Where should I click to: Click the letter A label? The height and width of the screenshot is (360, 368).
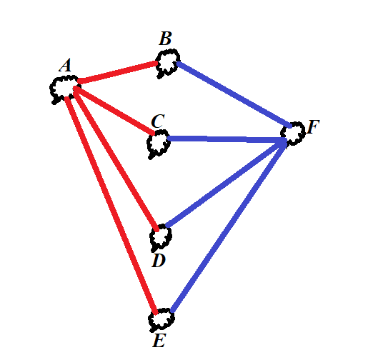[x=65, y=65]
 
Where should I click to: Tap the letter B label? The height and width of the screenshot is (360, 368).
[x=165, y=39]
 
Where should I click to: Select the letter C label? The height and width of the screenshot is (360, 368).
[x=158, y=121]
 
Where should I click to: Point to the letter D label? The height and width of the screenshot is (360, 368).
[x=159, y=261]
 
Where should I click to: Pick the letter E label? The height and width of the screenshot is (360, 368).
[x=159, y=341]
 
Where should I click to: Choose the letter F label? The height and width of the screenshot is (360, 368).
[x=314, y=127]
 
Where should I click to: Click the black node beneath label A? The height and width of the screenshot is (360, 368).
[x=64, y=89]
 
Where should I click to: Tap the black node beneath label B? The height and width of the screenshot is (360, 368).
[x=167, y=63]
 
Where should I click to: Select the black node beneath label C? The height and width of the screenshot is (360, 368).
[x=159, y=144]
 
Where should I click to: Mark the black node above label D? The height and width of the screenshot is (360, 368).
[x=161, y=237]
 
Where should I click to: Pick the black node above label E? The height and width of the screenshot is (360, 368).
[x=161, y=319]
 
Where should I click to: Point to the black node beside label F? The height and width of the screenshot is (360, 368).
[x=293, y=134]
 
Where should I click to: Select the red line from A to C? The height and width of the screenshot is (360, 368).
[x=114, y=110]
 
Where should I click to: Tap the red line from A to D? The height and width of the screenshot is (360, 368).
[x=116, y=159]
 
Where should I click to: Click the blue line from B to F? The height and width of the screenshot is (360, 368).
[x=234, y=94]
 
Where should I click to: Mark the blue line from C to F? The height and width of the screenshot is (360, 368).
[x=227, y=139]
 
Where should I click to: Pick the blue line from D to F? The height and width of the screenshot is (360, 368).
[x=226, y=184]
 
